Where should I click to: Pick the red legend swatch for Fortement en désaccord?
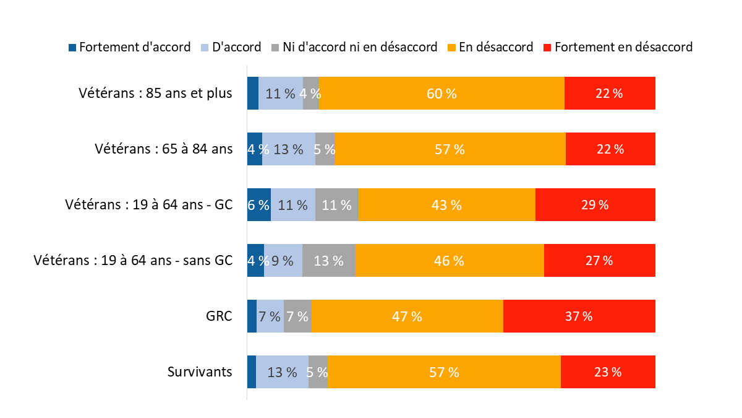coord(547,47)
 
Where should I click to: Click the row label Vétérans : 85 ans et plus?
coord(155,94)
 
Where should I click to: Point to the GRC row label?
coord(220,316)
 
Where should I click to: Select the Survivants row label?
coord(200,372)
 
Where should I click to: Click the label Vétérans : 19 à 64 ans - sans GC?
coord(133,261)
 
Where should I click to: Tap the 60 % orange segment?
coord(441,94)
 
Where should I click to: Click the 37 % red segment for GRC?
coord(579,316)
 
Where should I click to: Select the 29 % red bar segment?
coord(595,205)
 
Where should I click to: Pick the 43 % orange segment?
coord(446,205)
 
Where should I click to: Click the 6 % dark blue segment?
coord(258,205)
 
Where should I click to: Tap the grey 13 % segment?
coord(329,261)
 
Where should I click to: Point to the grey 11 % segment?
coord(336,205)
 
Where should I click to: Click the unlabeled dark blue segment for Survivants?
coord(251,372)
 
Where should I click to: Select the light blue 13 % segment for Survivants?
coord(282,372)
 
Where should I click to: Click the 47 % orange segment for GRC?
coord(407,316)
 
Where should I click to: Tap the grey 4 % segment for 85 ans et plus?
coord(310,94)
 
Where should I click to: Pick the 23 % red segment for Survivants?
coord(608,372)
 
